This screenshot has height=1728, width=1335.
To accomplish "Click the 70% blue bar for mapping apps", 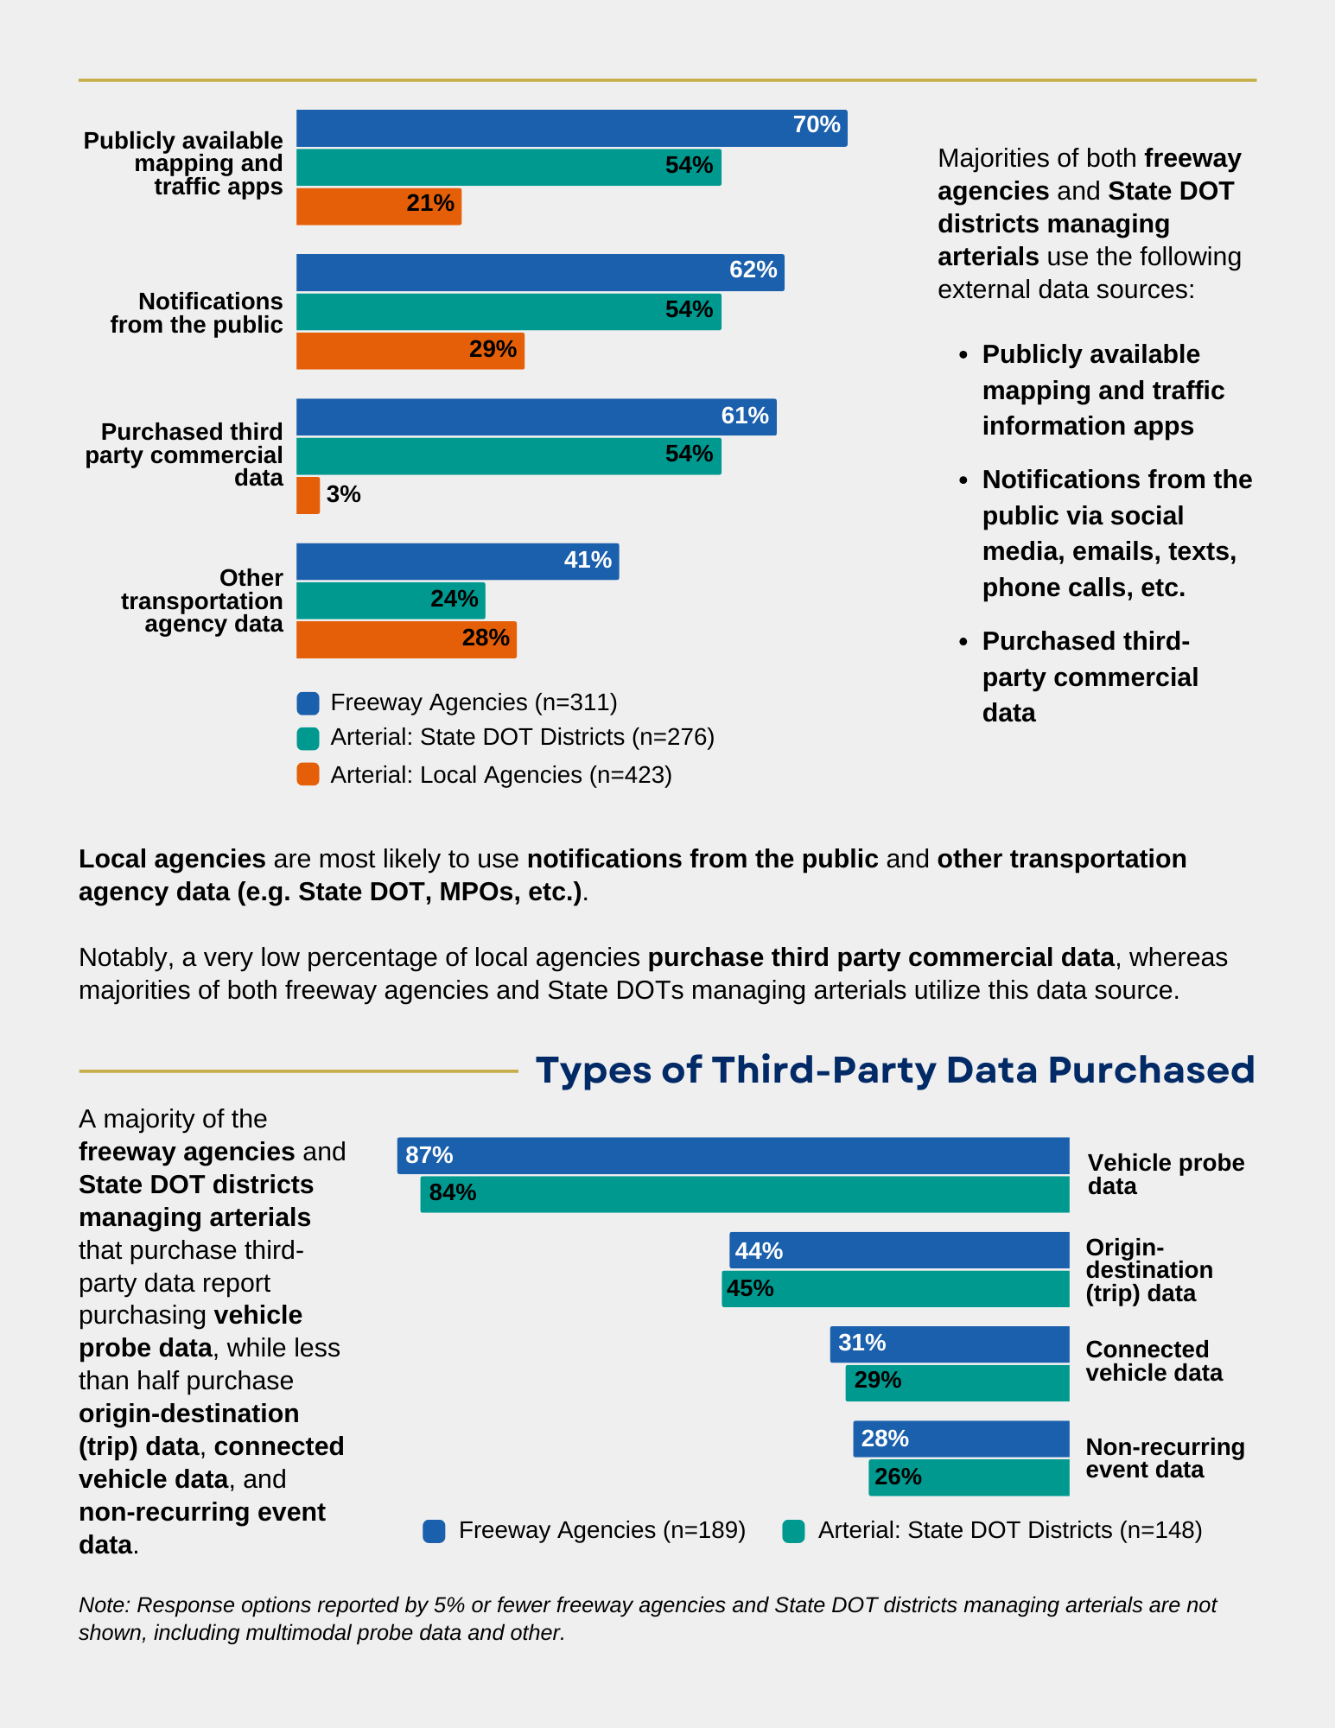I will (x=570, y=128).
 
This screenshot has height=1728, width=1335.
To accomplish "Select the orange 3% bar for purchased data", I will (x=308, y=495).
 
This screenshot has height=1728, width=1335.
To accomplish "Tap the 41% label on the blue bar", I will (x=588, y=560).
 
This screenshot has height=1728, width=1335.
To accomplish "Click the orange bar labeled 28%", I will (x=406, y=639).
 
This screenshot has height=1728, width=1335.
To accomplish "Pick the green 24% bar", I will (x=391, y=600).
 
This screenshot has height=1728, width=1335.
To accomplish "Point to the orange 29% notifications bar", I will (x=410, y=351).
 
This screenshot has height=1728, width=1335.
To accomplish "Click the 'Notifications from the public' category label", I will (x=197, y=313).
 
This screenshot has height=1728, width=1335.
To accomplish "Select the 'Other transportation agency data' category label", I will (x=202, y=600).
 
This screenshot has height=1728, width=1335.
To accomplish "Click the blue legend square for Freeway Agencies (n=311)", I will (x=308, y=703).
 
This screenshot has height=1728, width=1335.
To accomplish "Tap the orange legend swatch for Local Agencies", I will (x=308, y=775).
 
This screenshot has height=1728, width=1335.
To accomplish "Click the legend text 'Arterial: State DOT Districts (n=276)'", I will (x=522, y=737).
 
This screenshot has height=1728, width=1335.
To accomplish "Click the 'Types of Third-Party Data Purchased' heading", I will (x=894, y=1070).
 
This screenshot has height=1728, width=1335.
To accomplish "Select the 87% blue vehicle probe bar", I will (x=733, y=1155).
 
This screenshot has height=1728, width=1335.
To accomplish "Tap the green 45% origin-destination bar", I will (x=895, y=1288).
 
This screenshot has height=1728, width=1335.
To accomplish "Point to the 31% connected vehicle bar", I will (x=949, y=1344).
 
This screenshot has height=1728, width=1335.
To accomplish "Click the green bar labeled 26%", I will (x=969, y=1477).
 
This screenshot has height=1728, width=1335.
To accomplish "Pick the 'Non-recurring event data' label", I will (x=1164, y=1458).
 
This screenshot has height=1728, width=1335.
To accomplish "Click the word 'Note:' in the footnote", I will (x=104, y=1605).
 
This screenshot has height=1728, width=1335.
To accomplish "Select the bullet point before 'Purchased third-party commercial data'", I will (x=963, y=642).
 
